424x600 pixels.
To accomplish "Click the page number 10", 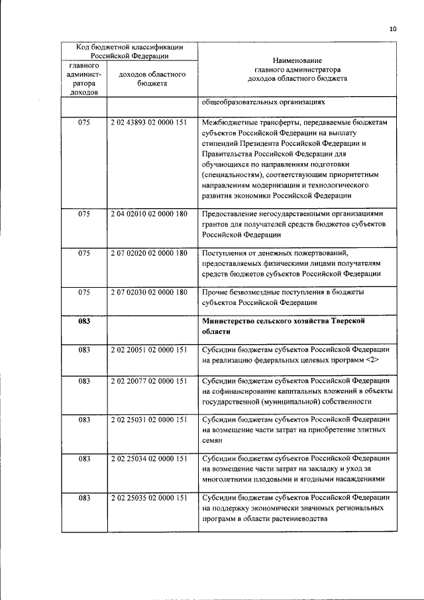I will [x=392, y=29].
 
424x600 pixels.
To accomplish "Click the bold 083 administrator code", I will [x=84, y=322].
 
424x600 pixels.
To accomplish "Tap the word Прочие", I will [x=216, y=292].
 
